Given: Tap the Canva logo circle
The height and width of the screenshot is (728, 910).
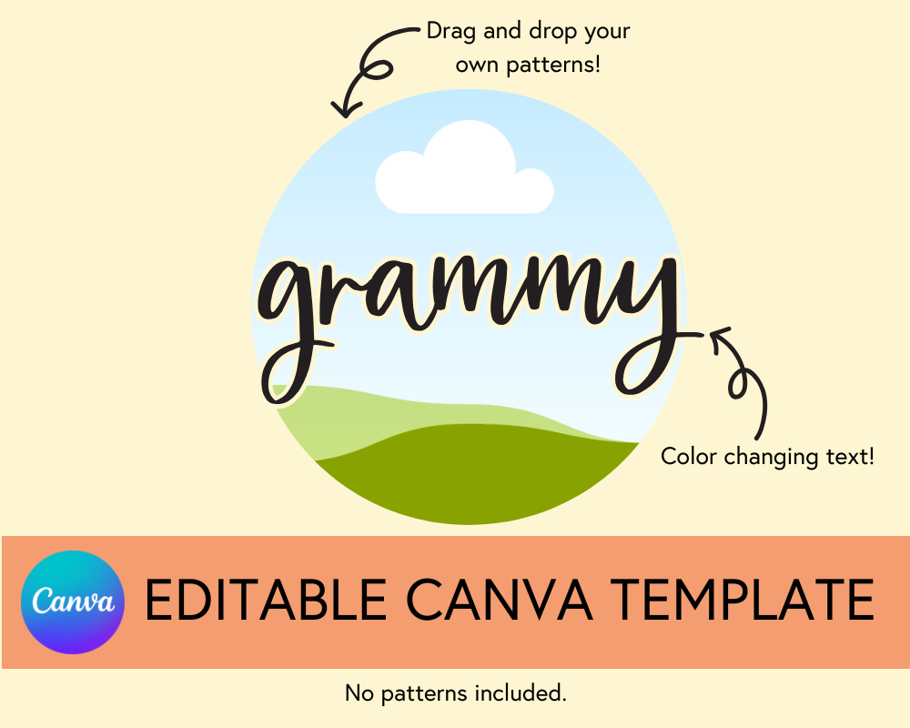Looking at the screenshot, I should click(72, 602).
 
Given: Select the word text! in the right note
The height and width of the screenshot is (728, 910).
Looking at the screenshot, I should click(849, 456).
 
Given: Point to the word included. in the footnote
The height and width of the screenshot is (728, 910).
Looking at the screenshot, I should click(520, 693).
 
